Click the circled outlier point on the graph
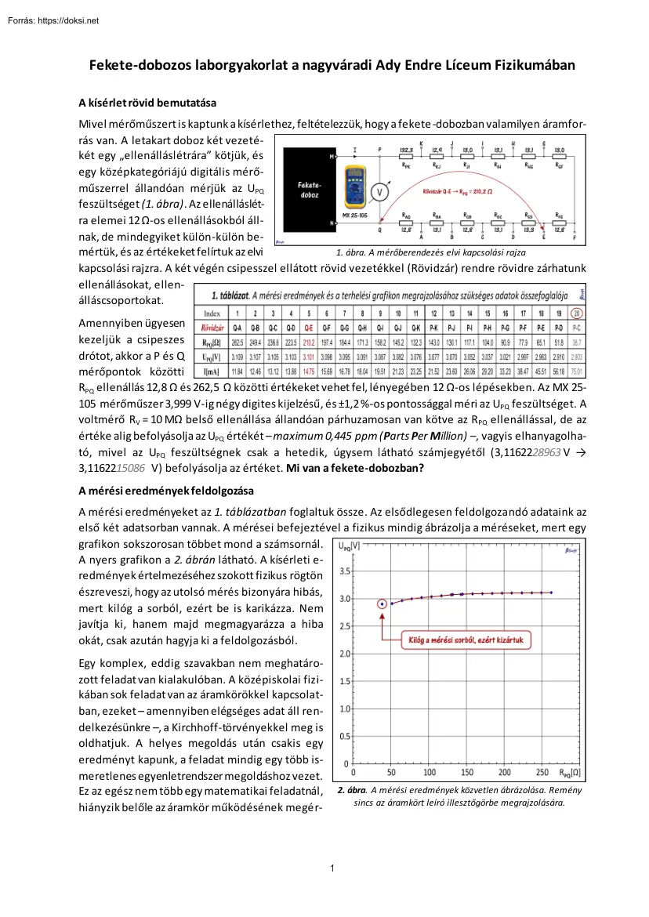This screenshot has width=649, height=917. tap(382, 603)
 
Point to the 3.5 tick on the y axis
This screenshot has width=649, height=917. tap(345, 571)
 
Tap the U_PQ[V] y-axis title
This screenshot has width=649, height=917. tap(350, 546)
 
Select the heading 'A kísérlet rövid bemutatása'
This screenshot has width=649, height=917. tap(147, 103)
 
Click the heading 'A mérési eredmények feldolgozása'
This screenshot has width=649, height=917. tap(165, 491)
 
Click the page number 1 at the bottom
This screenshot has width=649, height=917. tap(333, 867)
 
